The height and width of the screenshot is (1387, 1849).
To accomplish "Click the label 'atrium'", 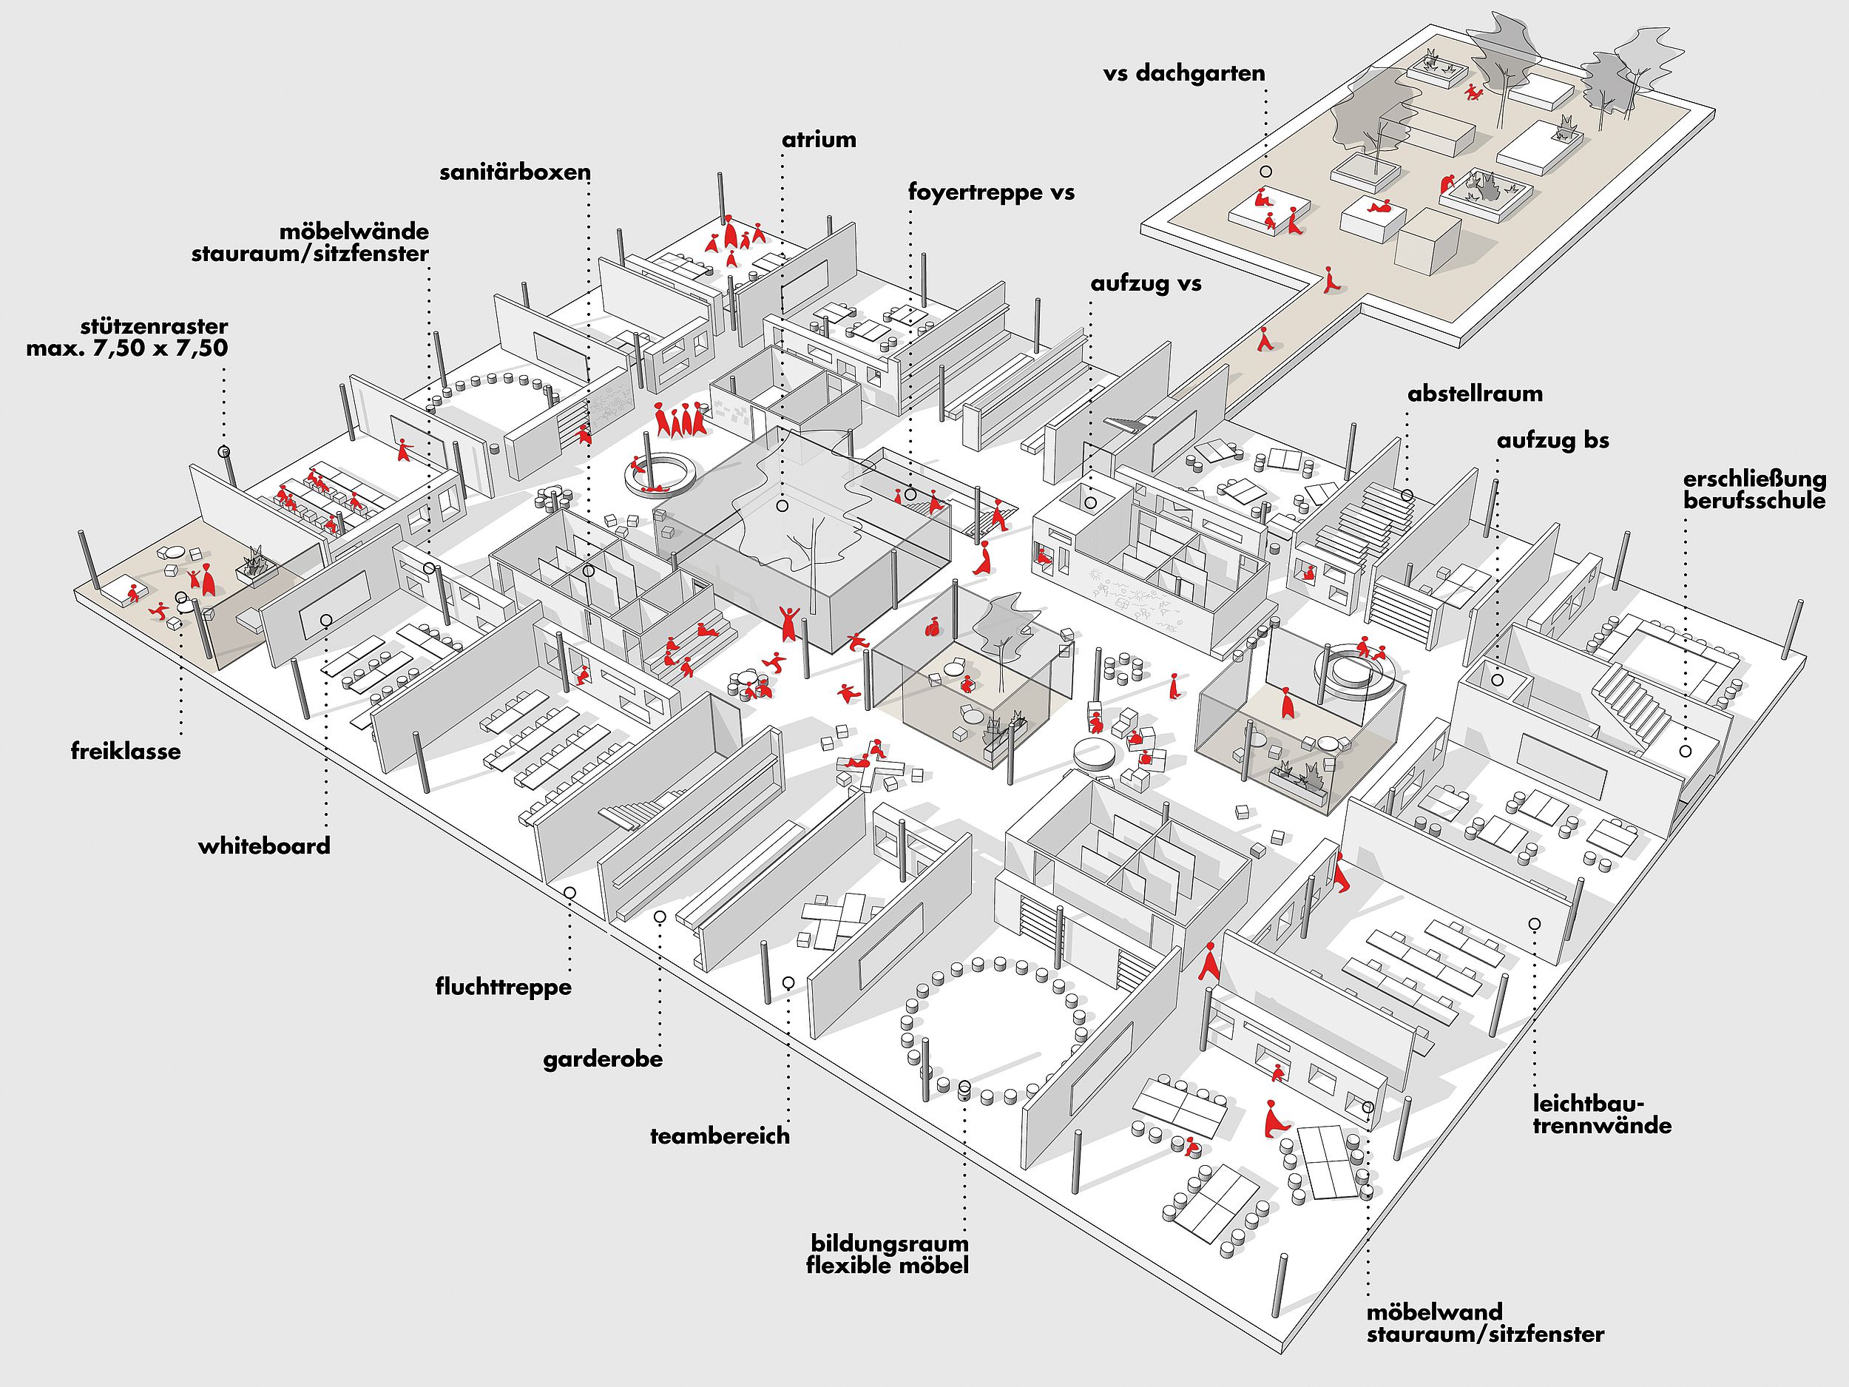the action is [819, 140].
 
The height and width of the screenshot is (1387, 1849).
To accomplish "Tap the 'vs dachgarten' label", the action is [1183, 73].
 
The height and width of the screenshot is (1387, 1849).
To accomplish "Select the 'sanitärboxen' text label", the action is [515, 173].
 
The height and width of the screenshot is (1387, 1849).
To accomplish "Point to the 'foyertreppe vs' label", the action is [991, 193].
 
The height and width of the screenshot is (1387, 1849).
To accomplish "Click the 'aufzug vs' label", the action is [1146, 284].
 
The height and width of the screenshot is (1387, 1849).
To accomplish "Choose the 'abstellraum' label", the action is [1476, 394].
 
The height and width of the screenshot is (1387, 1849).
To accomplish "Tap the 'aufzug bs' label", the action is [1553, 441].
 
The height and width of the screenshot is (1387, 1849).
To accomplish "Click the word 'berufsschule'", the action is [1754, 502].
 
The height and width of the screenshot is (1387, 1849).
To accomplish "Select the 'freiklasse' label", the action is [126, 751].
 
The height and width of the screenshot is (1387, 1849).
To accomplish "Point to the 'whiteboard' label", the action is [264, 846].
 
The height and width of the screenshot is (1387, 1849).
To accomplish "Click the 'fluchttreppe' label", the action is [503, 988].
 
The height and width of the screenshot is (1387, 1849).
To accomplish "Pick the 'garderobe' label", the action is [603, 1060].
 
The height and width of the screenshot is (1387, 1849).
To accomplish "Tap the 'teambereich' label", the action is [720, 1136].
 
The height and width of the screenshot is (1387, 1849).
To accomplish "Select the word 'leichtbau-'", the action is [1585, 1104].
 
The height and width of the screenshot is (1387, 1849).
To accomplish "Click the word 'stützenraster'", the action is [154, 326].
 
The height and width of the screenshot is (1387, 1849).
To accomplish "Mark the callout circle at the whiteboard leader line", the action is [325, 619].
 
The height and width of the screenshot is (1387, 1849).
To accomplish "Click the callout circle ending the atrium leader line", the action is [782, 506].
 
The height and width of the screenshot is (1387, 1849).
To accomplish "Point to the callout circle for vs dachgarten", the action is [1266, 172].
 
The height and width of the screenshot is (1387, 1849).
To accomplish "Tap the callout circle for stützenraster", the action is [223, 451].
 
